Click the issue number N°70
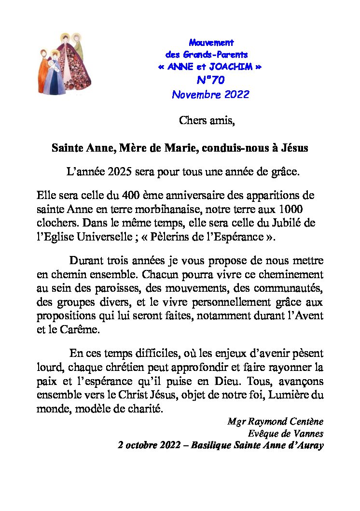click(x=210, y=80)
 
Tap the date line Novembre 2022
click(x=210, y=94)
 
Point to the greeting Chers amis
click(x=207, y=120)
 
